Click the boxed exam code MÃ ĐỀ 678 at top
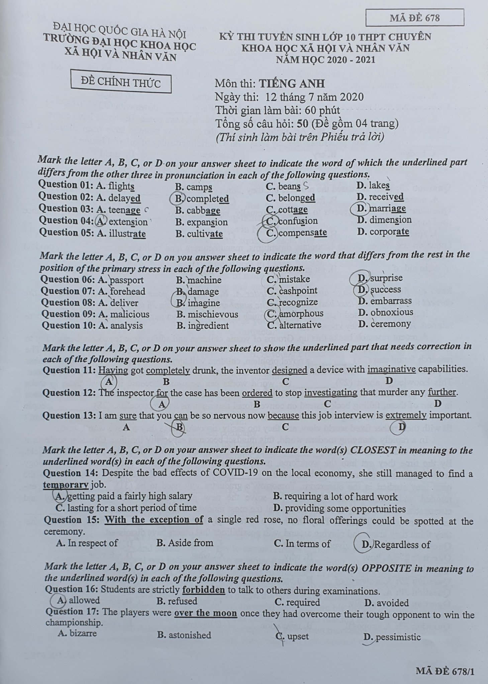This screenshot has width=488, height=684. [414, 18]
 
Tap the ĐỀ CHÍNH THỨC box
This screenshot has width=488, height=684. [121, 82]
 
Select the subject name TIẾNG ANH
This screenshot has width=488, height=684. [292, 83]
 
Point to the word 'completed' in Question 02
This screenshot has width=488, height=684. [207, 199]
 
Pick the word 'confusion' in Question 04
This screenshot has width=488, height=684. [298, 221]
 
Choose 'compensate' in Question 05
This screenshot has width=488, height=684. [302, 232]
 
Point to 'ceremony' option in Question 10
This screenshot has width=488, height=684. [390, 324]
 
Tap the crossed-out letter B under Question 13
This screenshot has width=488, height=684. [179, 427]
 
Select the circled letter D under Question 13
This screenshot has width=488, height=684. [402, 426]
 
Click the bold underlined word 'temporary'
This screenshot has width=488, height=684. [66, 485]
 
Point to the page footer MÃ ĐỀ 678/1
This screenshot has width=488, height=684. [445, 670]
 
